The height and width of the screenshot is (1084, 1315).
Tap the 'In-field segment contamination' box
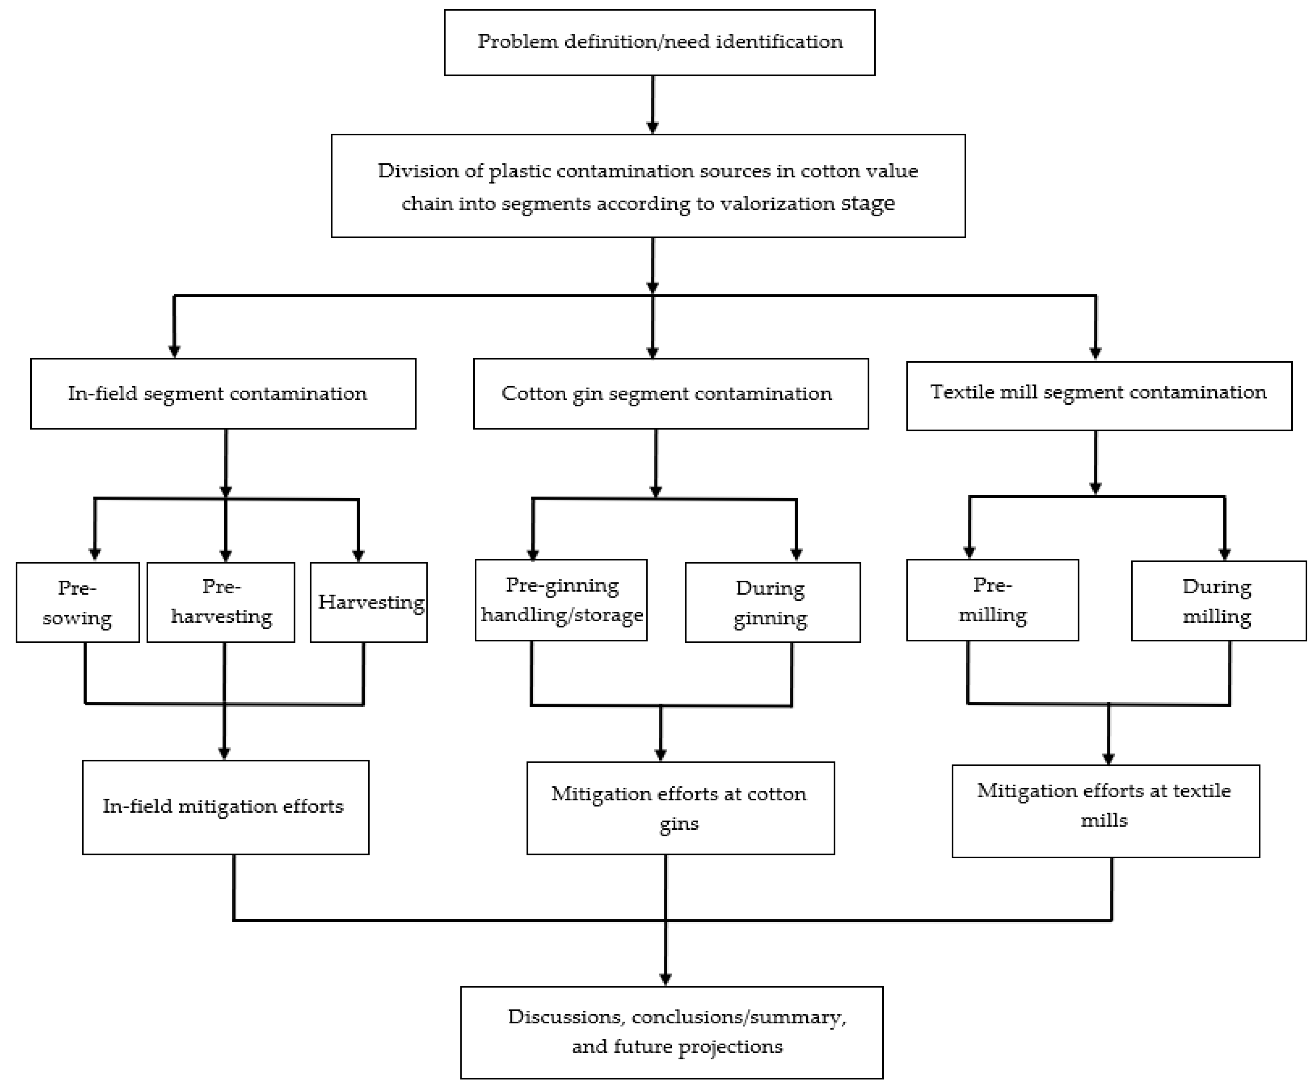[223, 393]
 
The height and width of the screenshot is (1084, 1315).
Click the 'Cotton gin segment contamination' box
[670, 393]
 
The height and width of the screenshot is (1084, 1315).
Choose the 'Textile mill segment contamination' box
[1098, 395]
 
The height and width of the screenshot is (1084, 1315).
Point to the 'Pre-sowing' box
[77, 602]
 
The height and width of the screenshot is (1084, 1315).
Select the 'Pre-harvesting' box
[221, 602]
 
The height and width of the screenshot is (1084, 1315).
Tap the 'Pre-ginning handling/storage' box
[560, 599]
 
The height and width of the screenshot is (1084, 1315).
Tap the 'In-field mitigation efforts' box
[225, 807]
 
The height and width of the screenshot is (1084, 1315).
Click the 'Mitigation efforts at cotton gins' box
[680, 808]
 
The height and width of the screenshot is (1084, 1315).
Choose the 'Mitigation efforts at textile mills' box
[1105, 810]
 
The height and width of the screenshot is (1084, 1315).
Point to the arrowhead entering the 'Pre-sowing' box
[95, 554]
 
